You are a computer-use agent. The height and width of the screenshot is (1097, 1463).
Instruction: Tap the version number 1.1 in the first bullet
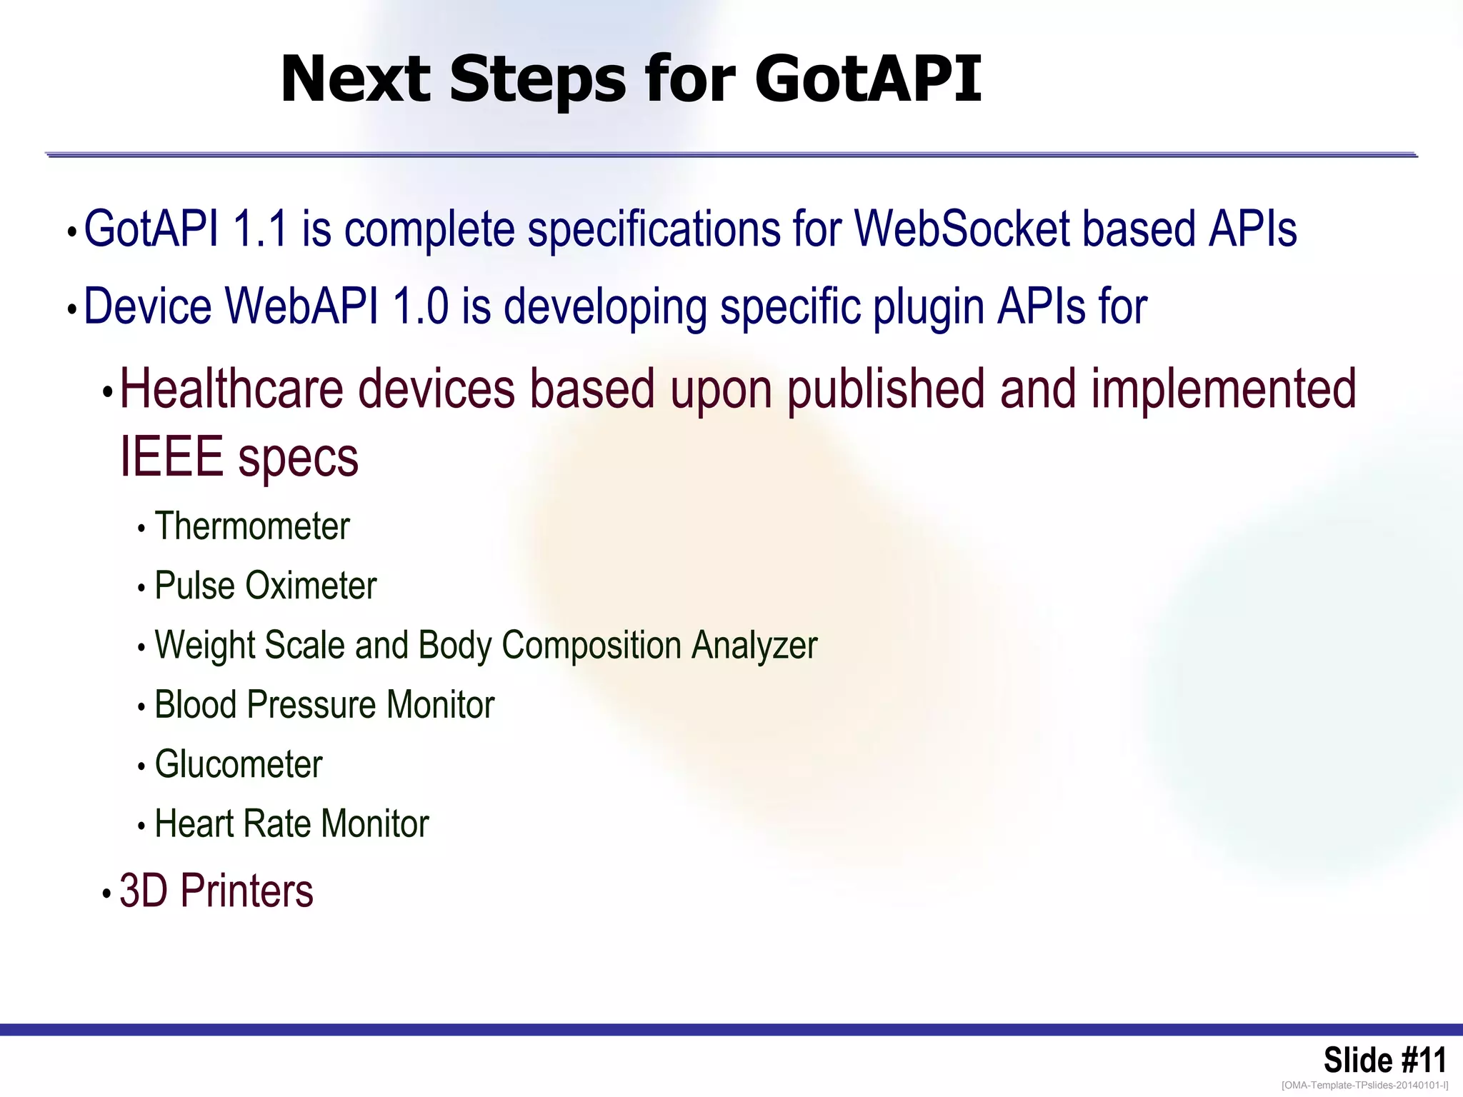pyautogui.click(x=260, y=229)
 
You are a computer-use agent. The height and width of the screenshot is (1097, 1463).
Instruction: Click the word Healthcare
pyautogui.click(x=231, y=389)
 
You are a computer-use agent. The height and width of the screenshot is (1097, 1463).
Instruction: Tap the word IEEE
pyautogui.click(x=171, y=457)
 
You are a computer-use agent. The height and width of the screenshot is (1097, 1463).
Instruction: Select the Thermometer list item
pyautogui.click(x=251, y=526)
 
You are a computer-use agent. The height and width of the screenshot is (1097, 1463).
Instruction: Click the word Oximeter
pyautogui.click(x=311, y=586)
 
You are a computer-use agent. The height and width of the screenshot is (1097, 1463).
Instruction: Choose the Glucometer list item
pyautogui.click(x=239, y=764)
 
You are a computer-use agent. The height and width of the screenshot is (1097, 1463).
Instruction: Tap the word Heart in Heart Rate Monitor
pyautogui.click(x=194, y=823)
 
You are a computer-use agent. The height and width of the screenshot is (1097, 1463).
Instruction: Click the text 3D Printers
pyautogui.click(x=216, y=891)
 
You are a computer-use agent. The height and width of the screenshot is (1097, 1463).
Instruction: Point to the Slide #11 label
pyautogui.click(x=1384, y=1060)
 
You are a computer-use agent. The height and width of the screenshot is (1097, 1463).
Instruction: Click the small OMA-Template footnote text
pyautogui.click(x=1364, y=1086)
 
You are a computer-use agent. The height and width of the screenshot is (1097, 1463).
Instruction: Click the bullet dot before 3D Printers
pyautogui.click(x=106, y=893)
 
